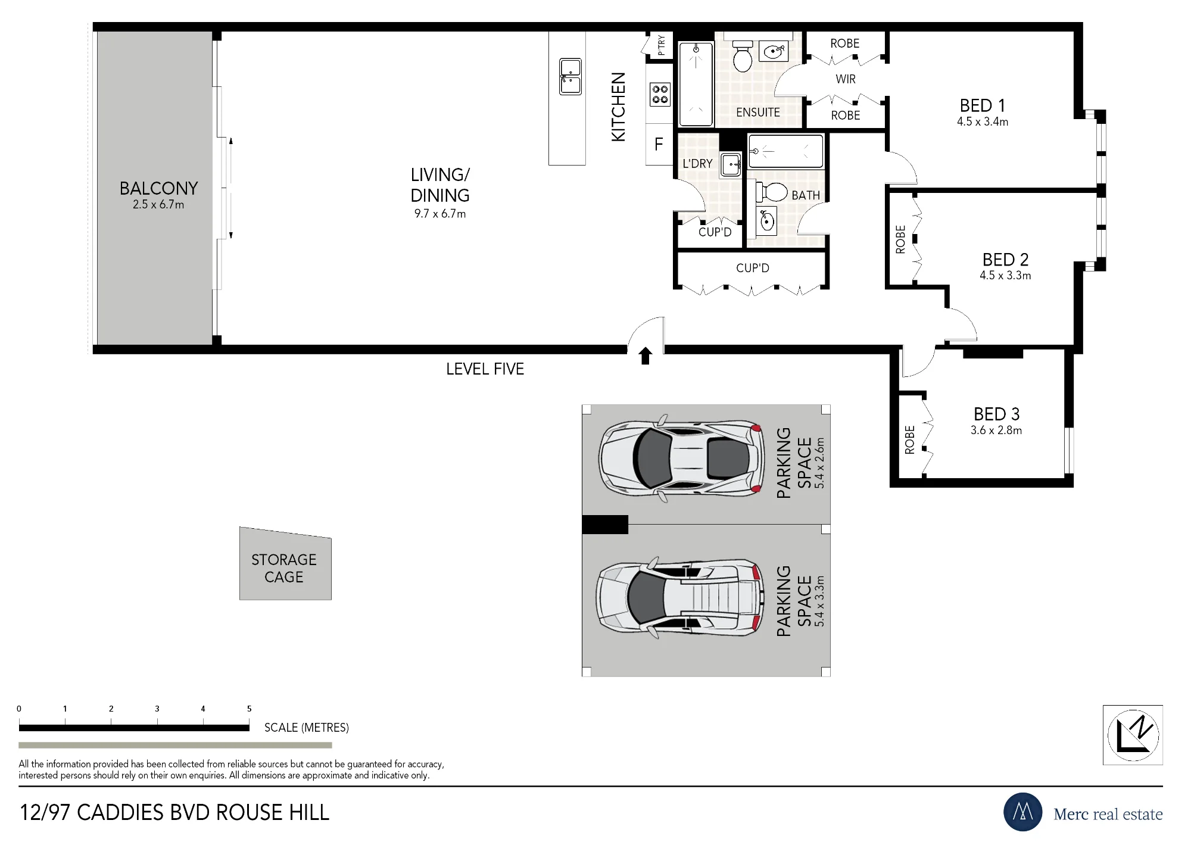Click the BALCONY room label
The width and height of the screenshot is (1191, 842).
pos(158,188)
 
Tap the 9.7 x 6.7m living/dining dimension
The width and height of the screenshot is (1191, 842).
pos(440,214)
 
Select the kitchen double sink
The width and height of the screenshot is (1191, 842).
pos(570,77)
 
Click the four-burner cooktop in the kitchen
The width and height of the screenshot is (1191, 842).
pos(660,94)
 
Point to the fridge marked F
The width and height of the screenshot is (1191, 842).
pos(659,144)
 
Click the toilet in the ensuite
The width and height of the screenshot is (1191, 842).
pos(743,57)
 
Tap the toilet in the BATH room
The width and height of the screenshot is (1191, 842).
pos(772,192)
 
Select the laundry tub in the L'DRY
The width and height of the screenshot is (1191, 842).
pos(731,164)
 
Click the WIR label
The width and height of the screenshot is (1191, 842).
pos(846,79)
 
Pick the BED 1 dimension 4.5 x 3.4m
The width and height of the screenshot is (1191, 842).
pos(983,121)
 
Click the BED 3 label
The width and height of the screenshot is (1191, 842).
pos(997,414)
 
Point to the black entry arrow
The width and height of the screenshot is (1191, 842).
pos(646,356)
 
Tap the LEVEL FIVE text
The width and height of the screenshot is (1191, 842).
pos(485,369)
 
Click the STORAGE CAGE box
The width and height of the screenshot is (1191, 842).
pos(285,565)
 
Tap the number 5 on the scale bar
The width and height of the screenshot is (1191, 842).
pos(250,709)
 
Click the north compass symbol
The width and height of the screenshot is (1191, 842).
pos(1133,735)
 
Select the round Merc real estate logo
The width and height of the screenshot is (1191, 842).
pos(1023,812)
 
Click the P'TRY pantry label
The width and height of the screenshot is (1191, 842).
pos(662,45)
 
